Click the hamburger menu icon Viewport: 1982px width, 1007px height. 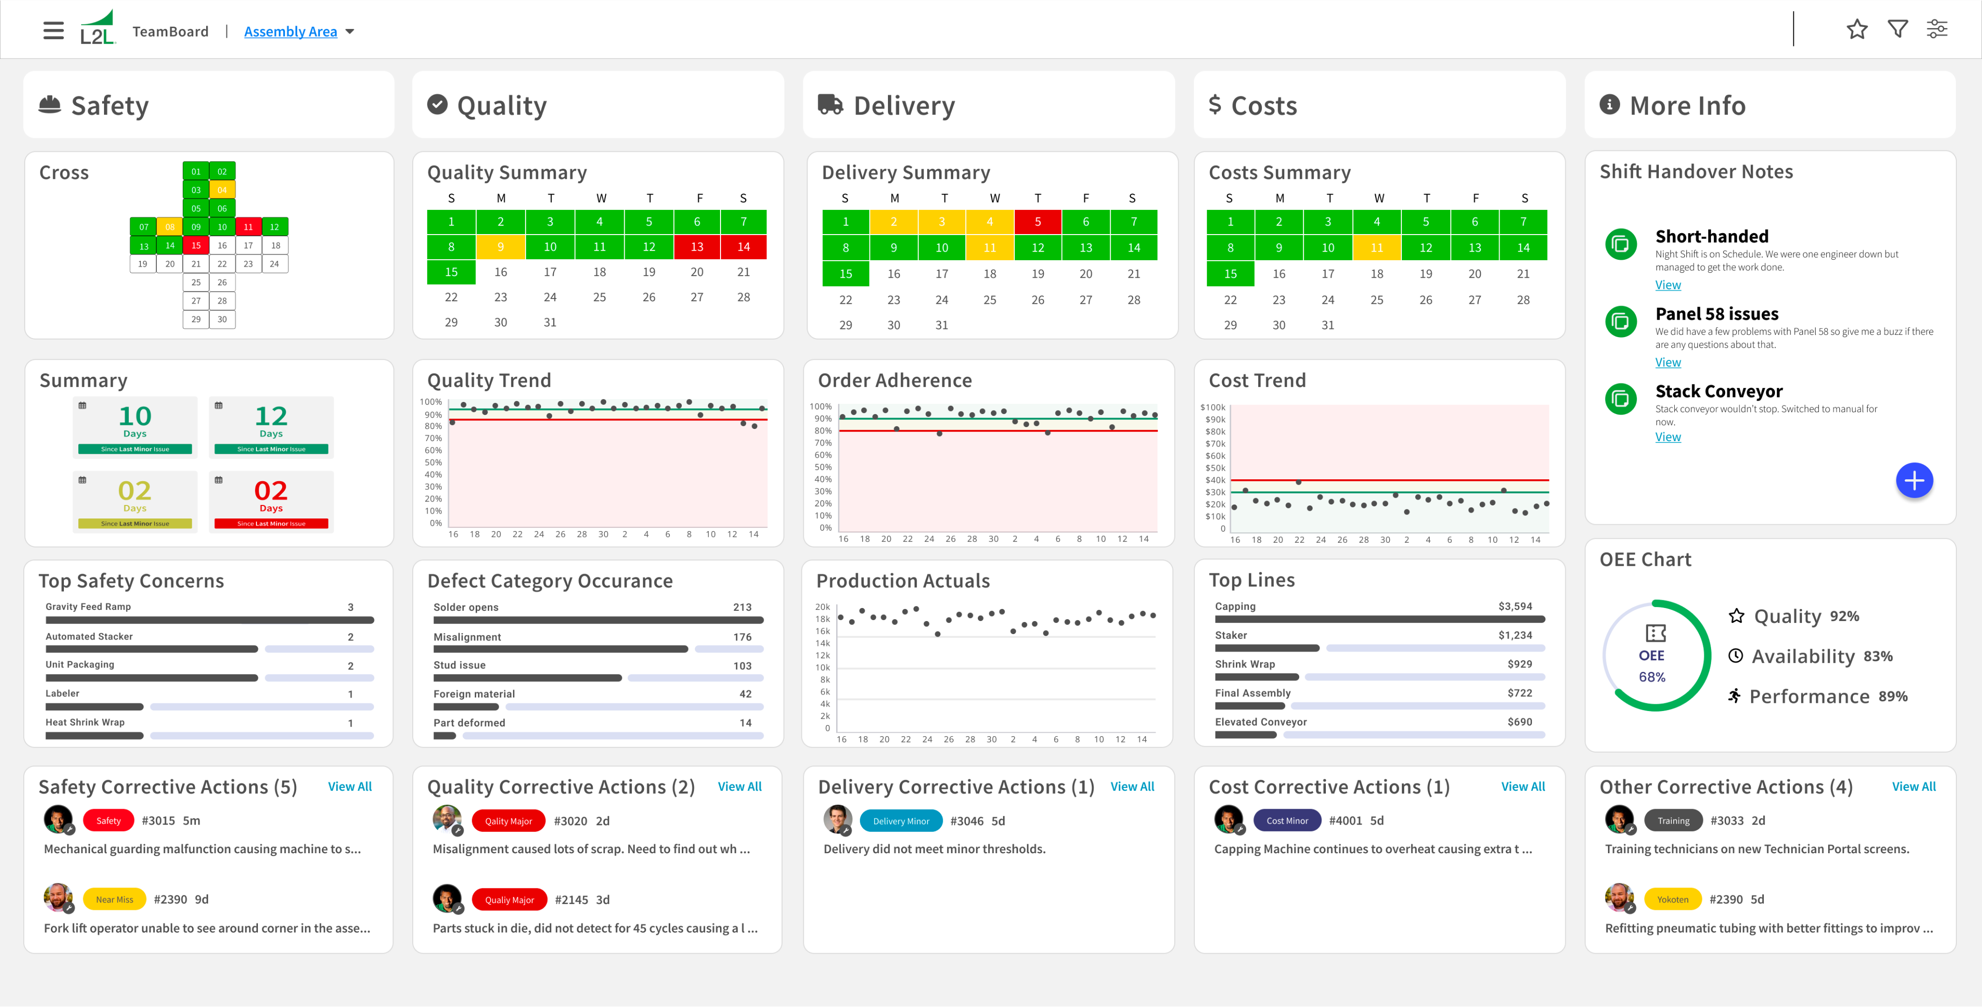53,31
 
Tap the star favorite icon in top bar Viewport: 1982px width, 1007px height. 1857,29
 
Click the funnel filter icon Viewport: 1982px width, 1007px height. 1897,29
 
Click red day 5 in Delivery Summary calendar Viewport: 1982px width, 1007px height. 1037,222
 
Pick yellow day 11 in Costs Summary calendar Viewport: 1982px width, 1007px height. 1377,248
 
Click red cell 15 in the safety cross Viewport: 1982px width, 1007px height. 196,245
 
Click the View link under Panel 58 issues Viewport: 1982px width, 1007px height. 1667,362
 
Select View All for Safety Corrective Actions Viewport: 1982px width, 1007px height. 349,786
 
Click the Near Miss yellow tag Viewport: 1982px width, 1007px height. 114,899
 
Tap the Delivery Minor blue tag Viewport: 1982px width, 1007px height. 900,821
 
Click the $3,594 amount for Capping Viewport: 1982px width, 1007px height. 1514,606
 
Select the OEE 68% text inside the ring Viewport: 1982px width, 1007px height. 1651,666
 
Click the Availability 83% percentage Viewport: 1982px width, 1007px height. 1877,656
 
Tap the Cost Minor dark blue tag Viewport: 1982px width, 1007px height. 1287,821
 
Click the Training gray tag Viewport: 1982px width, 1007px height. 1673,821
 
